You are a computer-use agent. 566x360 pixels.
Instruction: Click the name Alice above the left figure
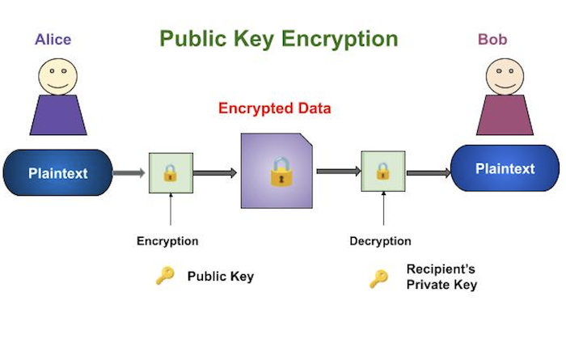[53, 39]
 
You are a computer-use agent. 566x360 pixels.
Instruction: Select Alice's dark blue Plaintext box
[57, 173]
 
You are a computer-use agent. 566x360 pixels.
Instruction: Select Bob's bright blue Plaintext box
[505, 169]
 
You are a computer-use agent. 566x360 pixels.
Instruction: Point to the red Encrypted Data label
[275, 108]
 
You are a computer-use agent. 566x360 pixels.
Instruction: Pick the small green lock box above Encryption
[170, 172]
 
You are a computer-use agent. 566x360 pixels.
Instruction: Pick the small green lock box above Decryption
[382, 172]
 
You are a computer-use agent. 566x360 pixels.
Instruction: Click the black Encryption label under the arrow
[167, 241]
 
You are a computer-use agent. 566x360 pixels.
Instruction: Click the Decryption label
[380, 241]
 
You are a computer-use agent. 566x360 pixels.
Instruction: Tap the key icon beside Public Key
[165, 276]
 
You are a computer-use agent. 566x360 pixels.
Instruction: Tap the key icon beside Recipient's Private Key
[378, 278]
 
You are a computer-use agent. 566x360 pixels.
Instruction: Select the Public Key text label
[221, 276]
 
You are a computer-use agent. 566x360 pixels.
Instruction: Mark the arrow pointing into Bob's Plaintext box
[427, 172]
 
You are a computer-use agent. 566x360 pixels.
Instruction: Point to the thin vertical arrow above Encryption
[170, 211]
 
